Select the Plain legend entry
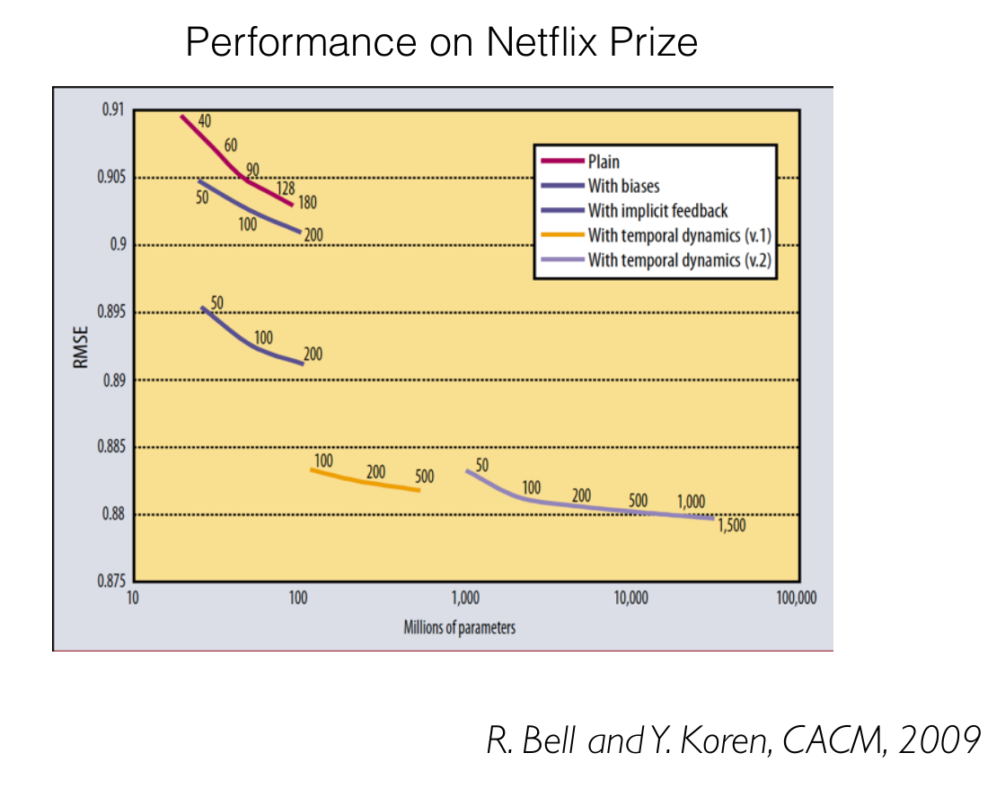coord(604,162)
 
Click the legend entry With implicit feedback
coord(657,211)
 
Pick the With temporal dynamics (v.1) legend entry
coord(680,236)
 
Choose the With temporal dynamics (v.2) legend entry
coord(680,260)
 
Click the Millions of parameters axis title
coord(460,627)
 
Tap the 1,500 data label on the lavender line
coord(731,526)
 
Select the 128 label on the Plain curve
coord(285,188)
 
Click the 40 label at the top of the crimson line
coord(204,119)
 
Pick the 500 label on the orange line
coord(424,476)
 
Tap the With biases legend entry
coord(623,187)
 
